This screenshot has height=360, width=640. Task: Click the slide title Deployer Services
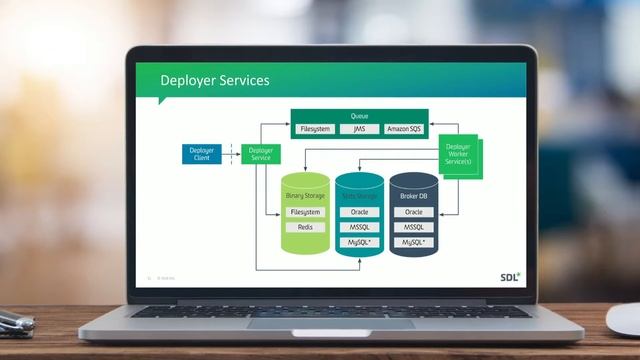pos(215,81)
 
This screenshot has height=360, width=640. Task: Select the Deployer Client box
pos(201,154)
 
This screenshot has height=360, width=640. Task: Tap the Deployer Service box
pos(261,154)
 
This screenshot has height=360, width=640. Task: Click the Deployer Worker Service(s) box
pos(458,156)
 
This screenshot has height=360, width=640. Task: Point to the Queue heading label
pos(359,117)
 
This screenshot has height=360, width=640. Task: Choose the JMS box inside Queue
pos(359,129)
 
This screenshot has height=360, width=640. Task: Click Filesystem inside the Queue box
pos(316,129)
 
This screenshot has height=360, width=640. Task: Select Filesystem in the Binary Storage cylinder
pos(305,212)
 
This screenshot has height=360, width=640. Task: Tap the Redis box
pos(305,227)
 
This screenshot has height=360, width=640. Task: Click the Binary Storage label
pos(305,196)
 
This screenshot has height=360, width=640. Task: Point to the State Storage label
pos(359,196)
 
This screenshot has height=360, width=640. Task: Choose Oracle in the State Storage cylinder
pos(359,212)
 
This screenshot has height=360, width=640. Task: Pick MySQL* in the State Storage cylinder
pos(359,242)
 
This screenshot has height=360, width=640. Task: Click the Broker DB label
pos(413,196)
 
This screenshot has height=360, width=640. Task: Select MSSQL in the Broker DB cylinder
pos(413,227)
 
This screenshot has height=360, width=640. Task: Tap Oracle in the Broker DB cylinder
pos(413,212)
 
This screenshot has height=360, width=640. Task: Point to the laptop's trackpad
pos(330,322)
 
